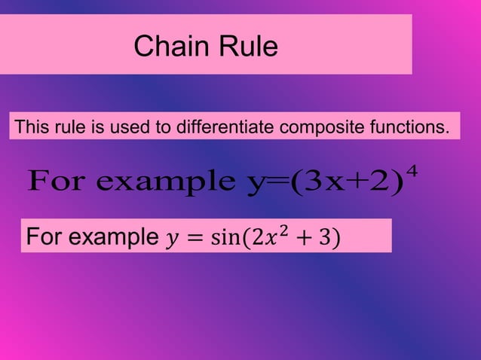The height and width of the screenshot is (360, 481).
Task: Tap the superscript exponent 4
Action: point(412,172)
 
